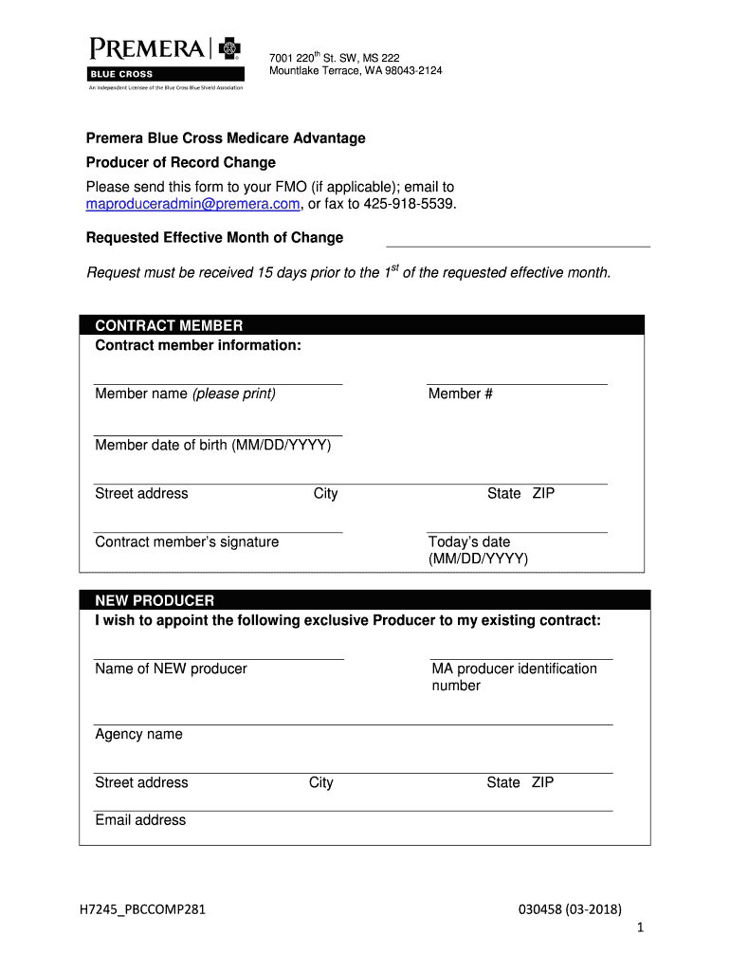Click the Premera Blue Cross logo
(167, 61)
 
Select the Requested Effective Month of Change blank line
(518, 245)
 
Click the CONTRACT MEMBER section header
(169, 326)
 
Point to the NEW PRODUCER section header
(155, 600)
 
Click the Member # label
(460, 394)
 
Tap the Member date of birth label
(212, 445)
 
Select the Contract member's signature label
(187, 541)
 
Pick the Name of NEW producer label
(171, 669)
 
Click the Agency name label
(138, 734)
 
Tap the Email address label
(140, 820)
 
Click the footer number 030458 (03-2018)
(570, 910)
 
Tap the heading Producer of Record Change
(181, 162)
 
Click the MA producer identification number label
(514, 677)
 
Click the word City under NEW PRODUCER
(320, 782)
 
